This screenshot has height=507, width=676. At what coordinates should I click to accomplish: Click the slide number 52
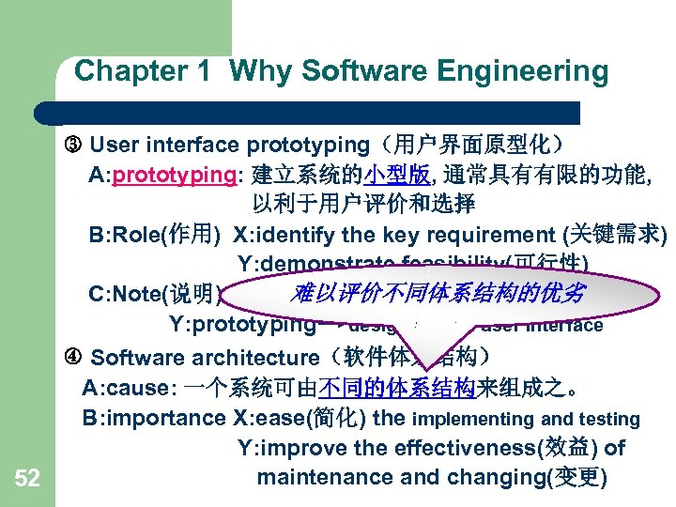27,480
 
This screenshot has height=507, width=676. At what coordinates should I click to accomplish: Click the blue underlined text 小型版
398,175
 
